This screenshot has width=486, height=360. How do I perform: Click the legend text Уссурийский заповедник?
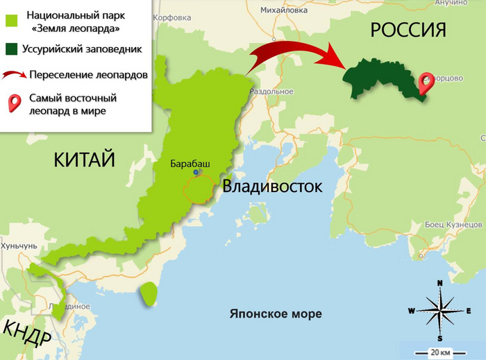tap(83, 49)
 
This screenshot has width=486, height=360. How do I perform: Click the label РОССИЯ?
tap(407, 29)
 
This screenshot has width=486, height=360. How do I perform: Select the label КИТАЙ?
tap(84, 160)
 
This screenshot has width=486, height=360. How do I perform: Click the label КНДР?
tap(26, 334)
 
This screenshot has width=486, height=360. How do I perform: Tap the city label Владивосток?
tap(272, 187)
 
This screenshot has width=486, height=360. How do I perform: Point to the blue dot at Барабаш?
tap(196, 172)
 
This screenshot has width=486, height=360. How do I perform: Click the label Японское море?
tap(276, 314)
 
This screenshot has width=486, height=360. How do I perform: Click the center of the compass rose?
tap(440, 309)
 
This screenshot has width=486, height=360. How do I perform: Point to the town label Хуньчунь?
tap(19, 246)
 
